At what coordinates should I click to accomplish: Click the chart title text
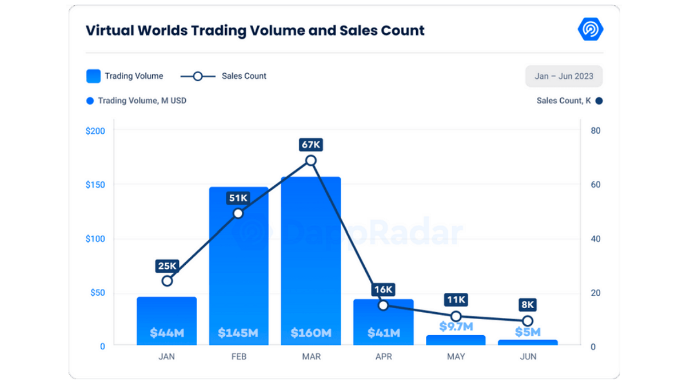click(255, 30)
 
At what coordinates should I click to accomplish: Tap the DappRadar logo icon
click(591, 29)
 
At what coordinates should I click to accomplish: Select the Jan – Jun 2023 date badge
click(564, 76)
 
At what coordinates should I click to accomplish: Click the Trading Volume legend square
click(94, 76)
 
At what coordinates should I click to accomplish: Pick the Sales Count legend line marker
click(197, 76)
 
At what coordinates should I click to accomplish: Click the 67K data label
click(311, 145)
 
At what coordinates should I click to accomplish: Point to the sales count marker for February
click(238, 213)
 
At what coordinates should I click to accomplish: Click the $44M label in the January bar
click(166, 332)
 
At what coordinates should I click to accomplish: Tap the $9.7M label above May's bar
click(456, 327)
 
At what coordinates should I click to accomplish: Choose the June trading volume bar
click(528, 342)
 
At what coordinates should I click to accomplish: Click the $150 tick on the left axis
click(95, 185)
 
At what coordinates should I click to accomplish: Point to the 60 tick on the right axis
click(595, 185)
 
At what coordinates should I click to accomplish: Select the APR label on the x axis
click(384, 357)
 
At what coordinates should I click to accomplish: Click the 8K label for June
click(528, 305)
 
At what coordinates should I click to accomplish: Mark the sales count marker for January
click(167, 281)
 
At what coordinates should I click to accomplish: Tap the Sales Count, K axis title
click(564, 101)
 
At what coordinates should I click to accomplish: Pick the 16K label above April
click(383, 289)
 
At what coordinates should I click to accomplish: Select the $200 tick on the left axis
click(95, 131)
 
